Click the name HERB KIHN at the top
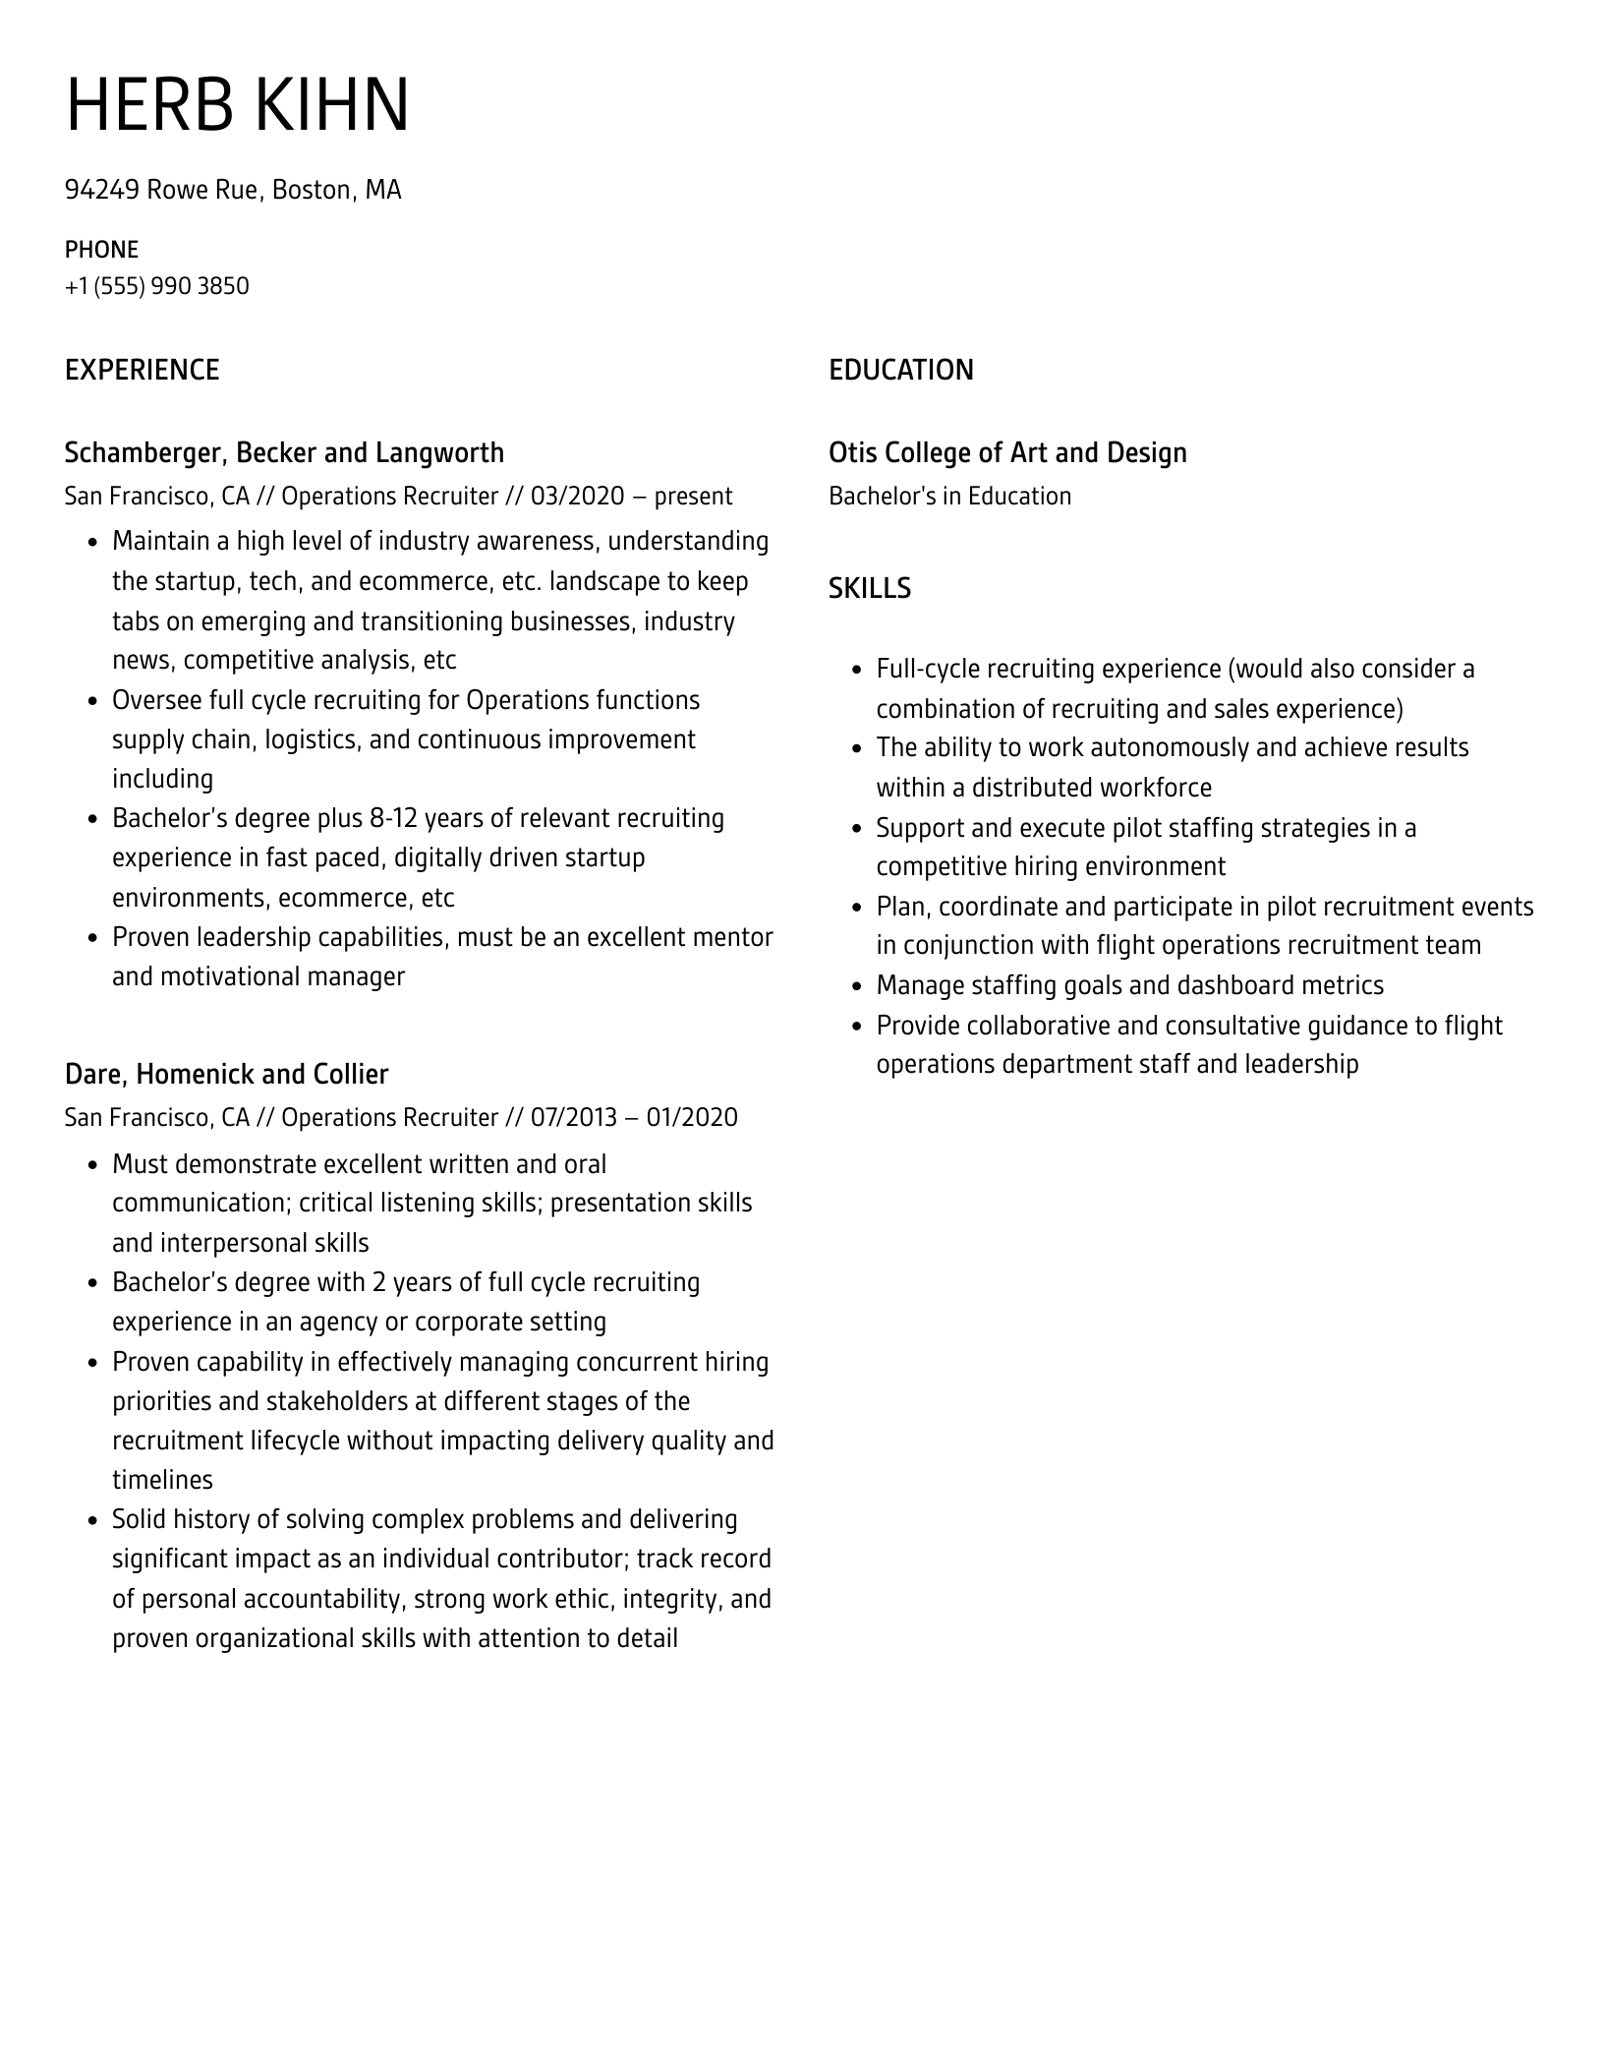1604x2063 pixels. [x=237, y=105]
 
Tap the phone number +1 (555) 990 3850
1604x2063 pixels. [x=157, y=286]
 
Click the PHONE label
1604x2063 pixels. [x=101, y=250]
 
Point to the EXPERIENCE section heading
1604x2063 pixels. [x=142, y=370]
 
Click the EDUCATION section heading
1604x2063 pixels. [x=900, y=370]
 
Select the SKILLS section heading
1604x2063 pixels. [x=869, y=588]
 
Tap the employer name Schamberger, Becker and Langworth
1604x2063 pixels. [x=284, y=452]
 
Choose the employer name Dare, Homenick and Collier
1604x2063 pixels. [x=226, y=1074]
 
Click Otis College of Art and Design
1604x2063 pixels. [x=1007, y=452]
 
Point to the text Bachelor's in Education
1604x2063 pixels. [x=949, y=496]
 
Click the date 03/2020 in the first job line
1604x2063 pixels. [x=577, y=496]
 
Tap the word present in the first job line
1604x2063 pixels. [x=693, y=496]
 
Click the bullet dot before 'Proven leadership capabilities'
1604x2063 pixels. [x=91, y=938]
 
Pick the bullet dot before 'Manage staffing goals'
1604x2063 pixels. [x=855, y=986]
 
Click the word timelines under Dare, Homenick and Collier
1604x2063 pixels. [x=162, y=1480]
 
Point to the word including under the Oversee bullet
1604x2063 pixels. [x=162, y=779]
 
